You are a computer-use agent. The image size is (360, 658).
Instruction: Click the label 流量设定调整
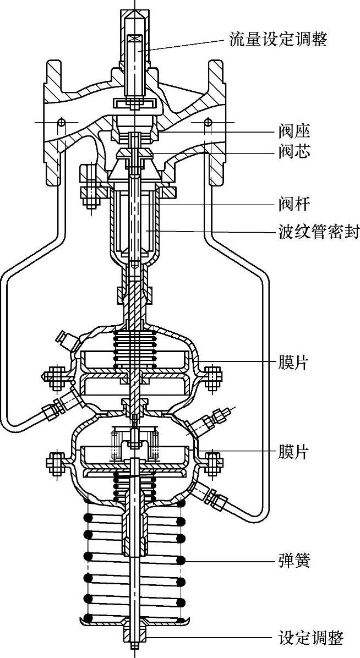tap(277, 40)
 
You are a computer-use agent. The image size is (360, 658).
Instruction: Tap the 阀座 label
tap(294, 131)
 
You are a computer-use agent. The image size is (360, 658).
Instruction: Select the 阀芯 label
tap(294, 152)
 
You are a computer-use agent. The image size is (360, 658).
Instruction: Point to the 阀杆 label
tap(294, 205)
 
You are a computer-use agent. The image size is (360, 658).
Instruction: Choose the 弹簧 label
tap(294, 561)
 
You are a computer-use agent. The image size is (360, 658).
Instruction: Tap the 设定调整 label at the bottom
tap(311, 638)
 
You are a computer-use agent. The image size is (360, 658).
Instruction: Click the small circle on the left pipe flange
tap(62, 122)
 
